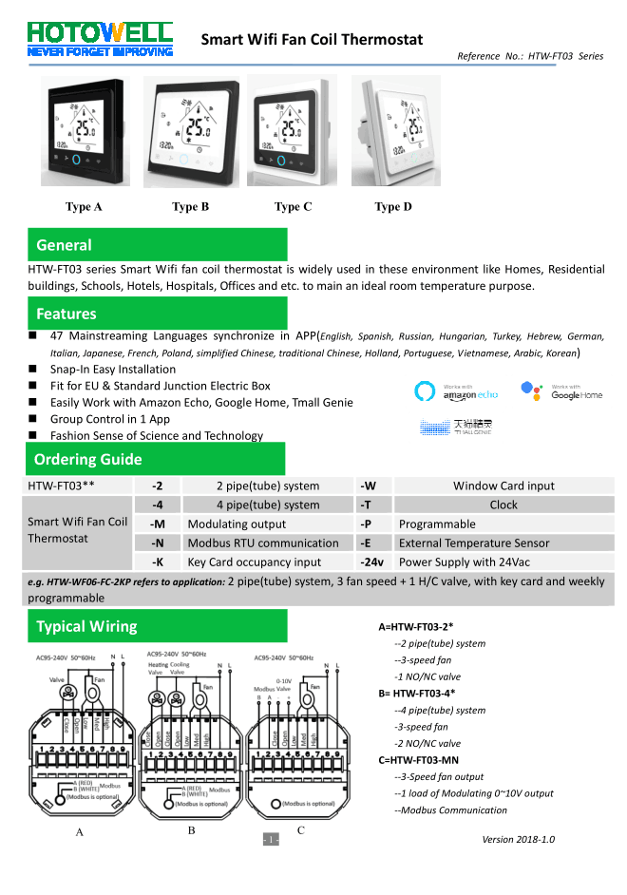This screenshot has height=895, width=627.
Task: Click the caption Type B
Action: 190,207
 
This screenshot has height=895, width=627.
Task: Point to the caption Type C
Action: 293,207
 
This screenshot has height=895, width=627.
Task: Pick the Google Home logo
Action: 561,390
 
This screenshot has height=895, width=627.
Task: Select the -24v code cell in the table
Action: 372,562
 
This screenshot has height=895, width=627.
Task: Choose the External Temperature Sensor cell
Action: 474,543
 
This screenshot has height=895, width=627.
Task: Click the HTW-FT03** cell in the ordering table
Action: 61,486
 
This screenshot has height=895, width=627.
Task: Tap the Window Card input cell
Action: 503,486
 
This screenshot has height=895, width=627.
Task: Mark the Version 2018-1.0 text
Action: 518,839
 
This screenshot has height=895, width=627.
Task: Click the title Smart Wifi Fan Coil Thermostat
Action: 312,40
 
